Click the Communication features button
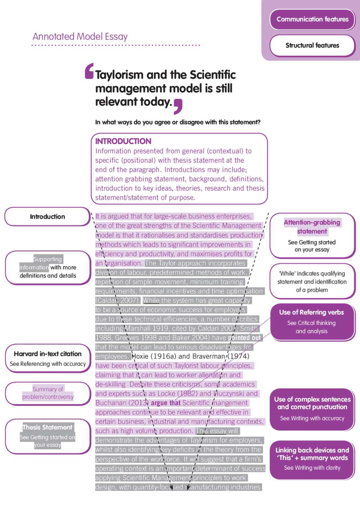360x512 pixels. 312,19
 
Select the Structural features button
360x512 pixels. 312,45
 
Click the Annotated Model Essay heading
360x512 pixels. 80,37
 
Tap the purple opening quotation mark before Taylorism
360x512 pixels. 89,71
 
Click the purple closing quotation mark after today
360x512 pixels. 178,107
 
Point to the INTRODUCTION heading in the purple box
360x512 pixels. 123,141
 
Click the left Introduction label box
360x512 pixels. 47,217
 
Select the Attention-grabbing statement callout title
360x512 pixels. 312,227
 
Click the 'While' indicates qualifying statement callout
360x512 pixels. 312,282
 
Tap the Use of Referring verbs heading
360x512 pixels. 311,312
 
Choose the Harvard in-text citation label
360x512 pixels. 48,354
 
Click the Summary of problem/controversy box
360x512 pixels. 48,393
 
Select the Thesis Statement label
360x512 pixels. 48,427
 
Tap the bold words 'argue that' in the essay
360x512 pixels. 165,403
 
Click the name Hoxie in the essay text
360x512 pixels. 140,356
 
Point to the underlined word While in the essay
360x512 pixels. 151,300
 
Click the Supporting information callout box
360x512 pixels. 48,267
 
